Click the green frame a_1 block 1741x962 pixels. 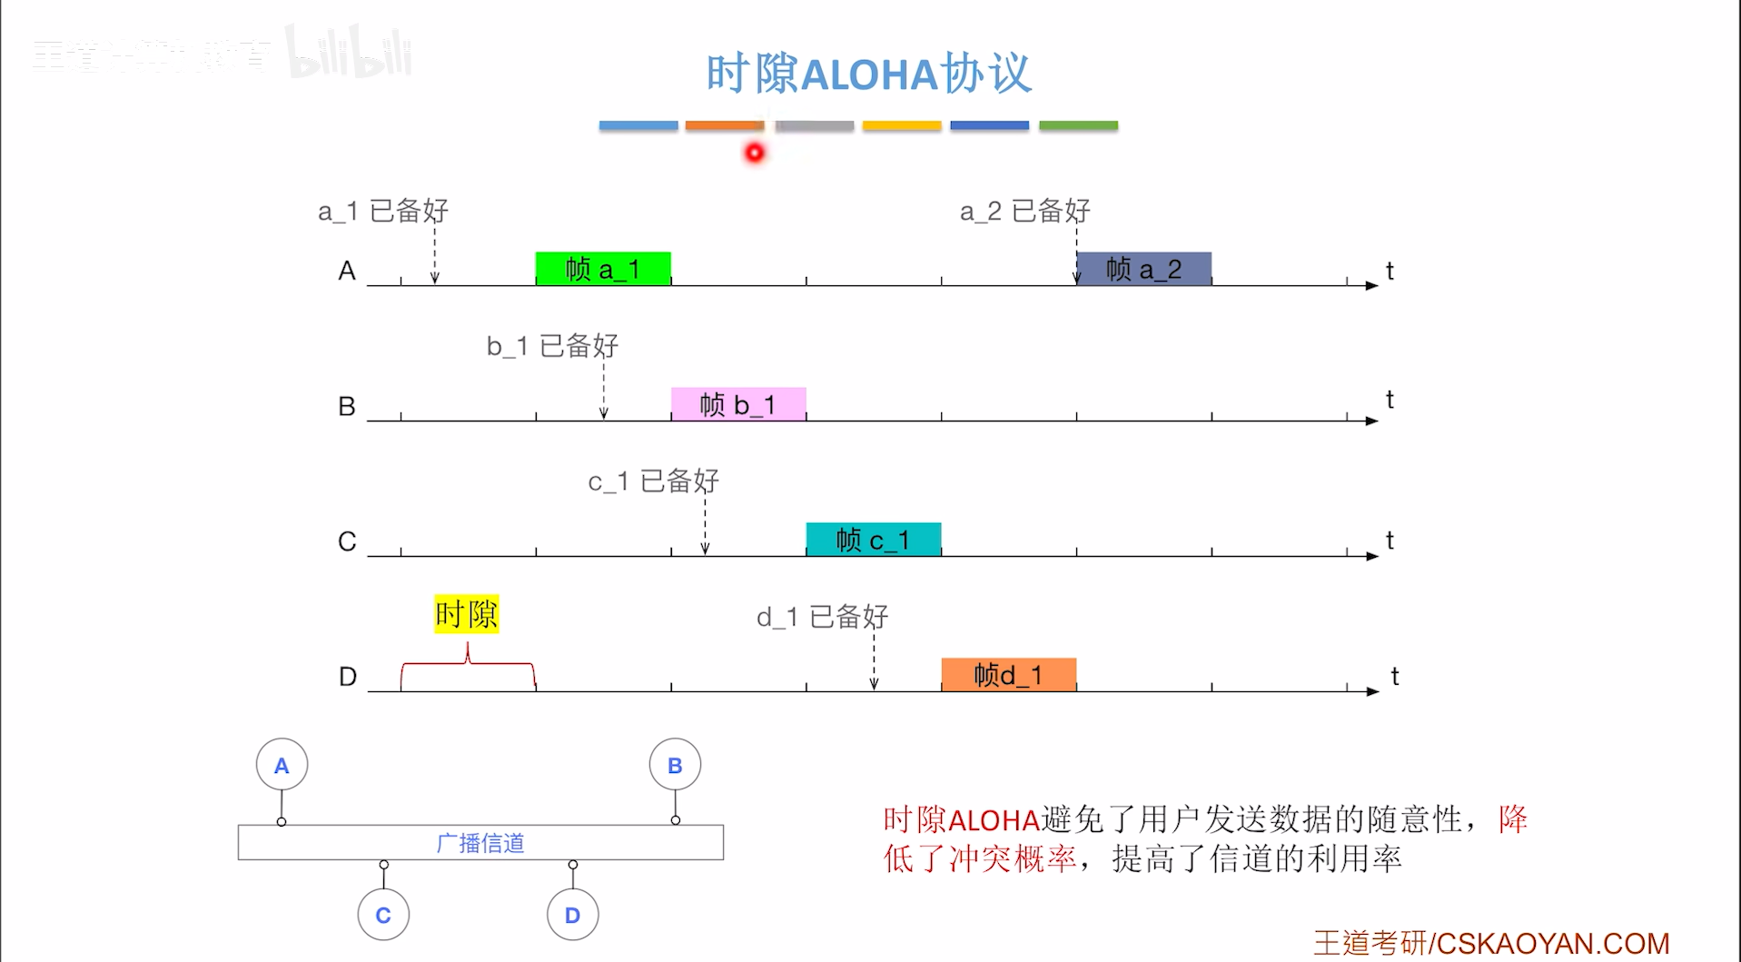click(x=603, y=269)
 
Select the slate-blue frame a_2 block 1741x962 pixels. click(x=1143, y=269)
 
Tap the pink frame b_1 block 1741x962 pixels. click(x=737, y=404)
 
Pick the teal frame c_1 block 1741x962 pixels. click(x=873, y=540)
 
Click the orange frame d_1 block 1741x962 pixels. click(x=1008, y=675)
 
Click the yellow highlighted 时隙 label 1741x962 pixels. click(x=466, y=615)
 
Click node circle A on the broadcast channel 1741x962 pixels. click(x=282, y=766)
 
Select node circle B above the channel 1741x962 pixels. click(x=675, y=766)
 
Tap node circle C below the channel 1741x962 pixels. click(x=383, y=915)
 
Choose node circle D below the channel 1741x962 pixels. click(x=572, y=915)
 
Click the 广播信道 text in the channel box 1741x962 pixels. click(x=480, y=843)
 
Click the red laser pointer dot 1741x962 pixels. click(x=755, y=154)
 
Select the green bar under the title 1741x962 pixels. click(x=1078, y=125)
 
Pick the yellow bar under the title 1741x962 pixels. click(x=901, y=125)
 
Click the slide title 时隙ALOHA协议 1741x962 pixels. click(x=868, y=74)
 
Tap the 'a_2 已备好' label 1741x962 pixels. click(x=1024, y=212)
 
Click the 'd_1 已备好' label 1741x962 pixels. click(x=822, y=618)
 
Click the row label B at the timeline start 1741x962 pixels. click(x=347, y=406)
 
